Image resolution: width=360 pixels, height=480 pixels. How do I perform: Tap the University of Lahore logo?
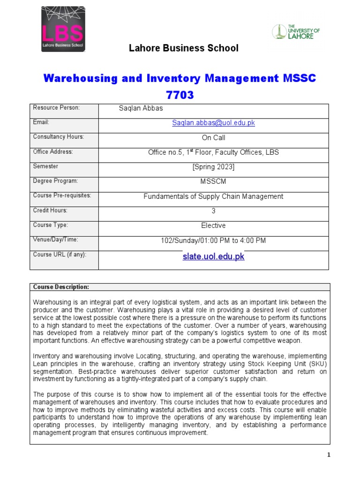pyautogui.click(x=296, y=32)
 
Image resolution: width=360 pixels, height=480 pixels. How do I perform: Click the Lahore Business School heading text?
pyautogui.click(x=184, y=48)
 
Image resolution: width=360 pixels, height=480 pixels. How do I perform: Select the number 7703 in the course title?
pyautogui.click(x=180, y=95)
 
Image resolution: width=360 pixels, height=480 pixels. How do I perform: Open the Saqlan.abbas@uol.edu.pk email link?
pyautogui.click(x=213, y=123)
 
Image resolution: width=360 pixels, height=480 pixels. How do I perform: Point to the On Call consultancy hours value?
pyautogui.click(x=213, y=138)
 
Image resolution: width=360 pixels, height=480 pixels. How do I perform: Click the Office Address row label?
pyautogui.click(x=53, y=152)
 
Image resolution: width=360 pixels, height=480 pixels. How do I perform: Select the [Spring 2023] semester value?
pyautogui.click(x=213, y=167)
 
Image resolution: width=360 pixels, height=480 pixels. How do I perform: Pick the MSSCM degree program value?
pyautogui.click(x=213, y=181)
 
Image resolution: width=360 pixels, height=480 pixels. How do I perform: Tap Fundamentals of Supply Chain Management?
pyautogui.click(x=213, y=196)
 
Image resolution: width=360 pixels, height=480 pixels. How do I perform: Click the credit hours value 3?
pyautogui.click(x=213, y=211)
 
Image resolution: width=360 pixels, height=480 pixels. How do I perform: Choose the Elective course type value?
pyautogui.click(x=213, y=225)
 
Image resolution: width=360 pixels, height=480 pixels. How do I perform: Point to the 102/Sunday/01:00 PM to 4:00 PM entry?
pyautogui.click(x=213, y=240)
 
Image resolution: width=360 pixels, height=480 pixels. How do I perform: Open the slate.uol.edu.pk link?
pyautogui.click(x=213, y=257)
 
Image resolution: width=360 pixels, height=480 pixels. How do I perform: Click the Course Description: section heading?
pyautogui.click(x=61, y=287)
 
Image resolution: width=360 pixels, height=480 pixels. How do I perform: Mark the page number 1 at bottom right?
pyautogui.click(x=329, y=455)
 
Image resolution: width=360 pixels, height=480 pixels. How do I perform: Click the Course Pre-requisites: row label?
pyautogui.click(x=62, y=195)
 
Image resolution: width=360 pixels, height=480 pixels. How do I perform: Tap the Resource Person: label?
pyautogui.click(x=56, y=108)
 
